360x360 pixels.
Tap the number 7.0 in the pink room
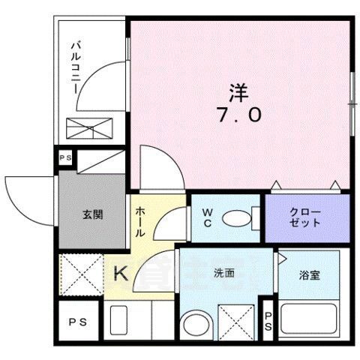point(240,115)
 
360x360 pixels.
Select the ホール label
point(140,223)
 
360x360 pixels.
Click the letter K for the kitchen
point(120,275)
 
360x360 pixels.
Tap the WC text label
point(208,217)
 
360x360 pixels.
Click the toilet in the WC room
point(239,218)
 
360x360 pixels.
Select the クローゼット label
point(306,217)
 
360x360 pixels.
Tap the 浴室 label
point(310,275)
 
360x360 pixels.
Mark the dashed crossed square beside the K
point(81,273)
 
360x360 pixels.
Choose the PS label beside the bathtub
point(268,322)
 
